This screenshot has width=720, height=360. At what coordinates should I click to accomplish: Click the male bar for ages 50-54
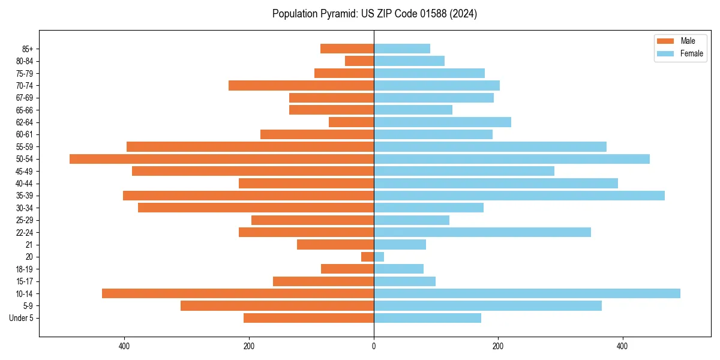coord(221,159)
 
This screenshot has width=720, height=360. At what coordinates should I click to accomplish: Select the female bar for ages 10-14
coord(527,293)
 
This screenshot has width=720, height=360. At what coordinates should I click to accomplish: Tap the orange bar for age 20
coord(367,257)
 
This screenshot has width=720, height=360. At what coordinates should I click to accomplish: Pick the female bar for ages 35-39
coord(519,196)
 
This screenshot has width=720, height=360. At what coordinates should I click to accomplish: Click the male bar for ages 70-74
coord(301,86)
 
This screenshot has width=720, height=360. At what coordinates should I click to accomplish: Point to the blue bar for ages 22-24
coord(482,232)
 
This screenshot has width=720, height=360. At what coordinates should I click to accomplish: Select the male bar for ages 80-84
coord(359,61)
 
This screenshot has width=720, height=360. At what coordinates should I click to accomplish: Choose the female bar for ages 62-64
coord(442,122)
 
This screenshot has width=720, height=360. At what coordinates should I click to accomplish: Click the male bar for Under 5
coord(308,318)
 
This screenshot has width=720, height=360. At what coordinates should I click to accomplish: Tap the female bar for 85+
coord(402,49)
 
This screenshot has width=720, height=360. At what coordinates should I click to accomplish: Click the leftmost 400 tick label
coord(125,346)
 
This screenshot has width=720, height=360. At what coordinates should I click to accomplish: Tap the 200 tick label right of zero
coord(498,346)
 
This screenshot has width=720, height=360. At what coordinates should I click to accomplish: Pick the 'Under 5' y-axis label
coord(22,318)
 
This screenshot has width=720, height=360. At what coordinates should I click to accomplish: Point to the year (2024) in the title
coord(466,14)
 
